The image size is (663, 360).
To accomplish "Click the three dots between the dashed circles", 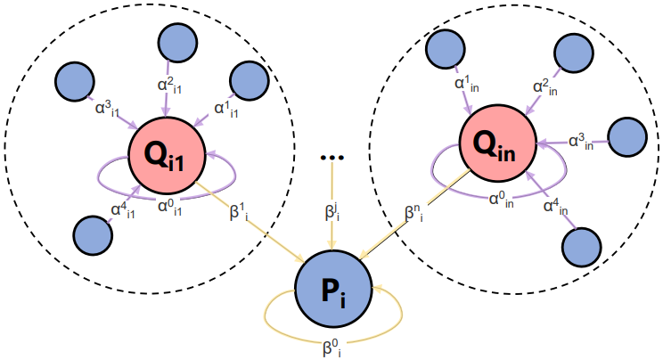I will (x=332, y=158).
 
